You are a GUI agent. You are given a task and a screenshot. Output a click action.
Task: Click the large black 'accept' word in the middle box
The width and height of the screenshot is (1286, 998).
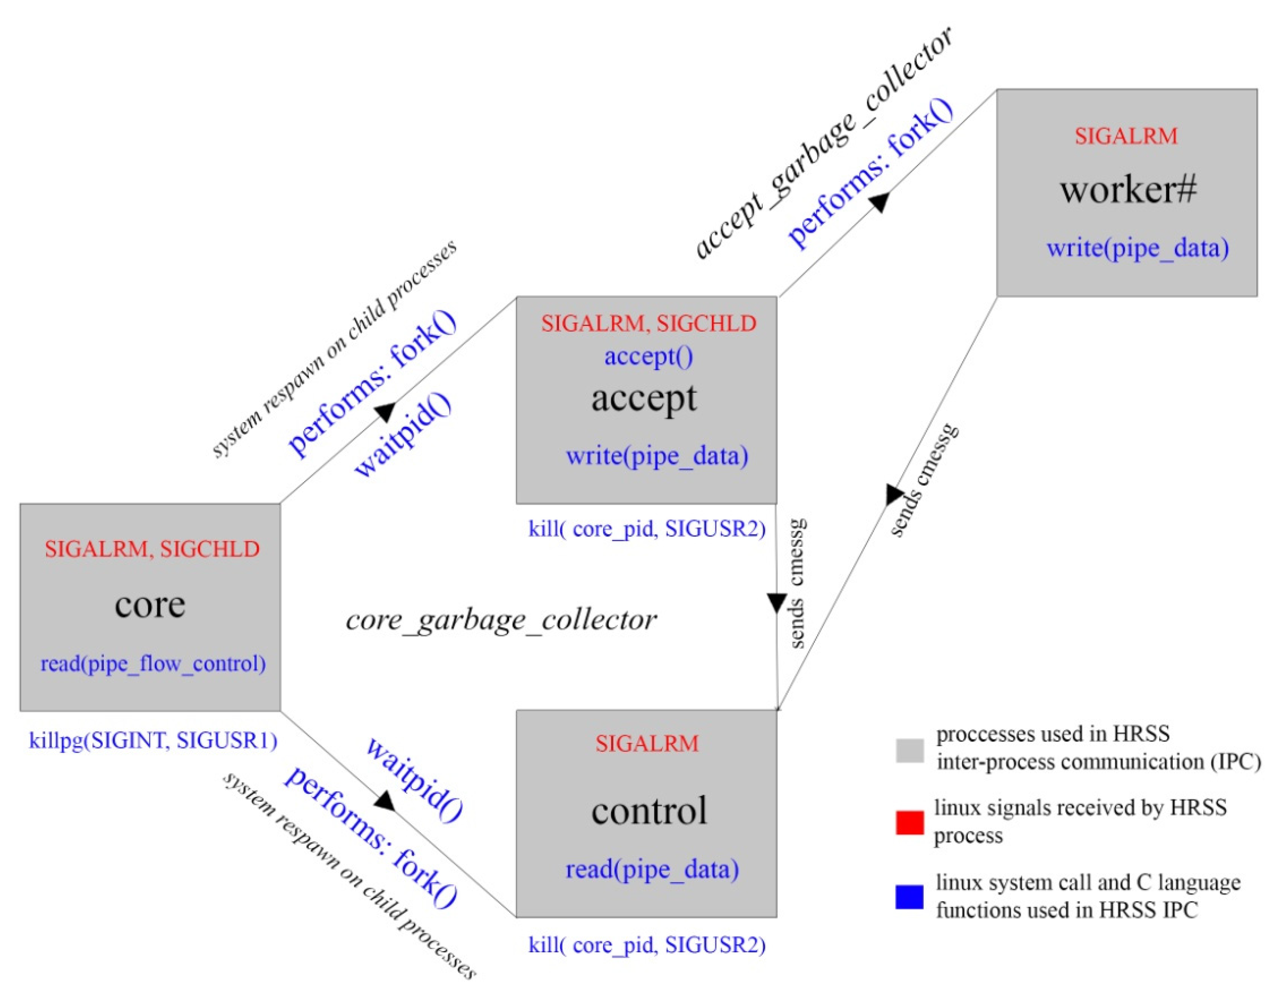644,399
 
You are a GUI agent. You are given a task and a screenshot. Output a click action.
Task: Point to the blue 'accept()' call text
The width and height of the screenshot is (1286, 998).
648,356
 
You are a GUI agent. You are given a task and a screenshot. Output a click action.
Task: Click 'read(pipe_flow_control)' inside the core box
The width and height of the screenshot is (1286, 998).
152,664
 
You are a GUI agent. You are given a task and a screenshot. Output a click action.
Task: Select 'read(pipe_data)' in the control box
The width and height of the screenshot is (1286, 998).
652,869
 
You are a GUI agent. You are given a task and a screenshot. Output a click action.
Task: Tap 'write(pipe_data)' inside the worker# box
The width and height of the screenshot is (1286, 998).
1137,248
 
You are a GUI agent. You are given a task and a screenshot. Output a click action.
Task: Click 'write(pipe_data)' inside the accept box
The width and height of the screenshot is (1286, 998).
657,456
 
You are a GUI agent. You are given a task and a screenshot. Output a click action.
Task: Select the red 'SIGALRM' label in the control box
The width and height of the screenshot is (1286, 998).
646,744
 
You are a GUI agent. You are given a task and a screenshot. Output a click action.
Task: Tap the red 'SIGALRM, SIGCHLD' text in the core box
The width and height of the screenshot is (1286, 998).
152,549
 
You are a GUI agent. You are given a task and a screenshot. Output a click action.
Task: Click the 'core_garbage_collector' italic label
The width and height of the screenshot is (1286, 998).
501,620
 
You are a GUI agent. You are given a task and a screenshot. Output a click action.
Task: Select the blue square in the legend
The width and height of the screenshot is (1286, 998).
909,897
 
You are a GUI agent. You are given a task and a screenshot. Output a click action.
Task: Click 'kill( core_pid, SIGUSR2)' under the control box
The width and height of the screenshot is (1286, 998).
646,945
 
